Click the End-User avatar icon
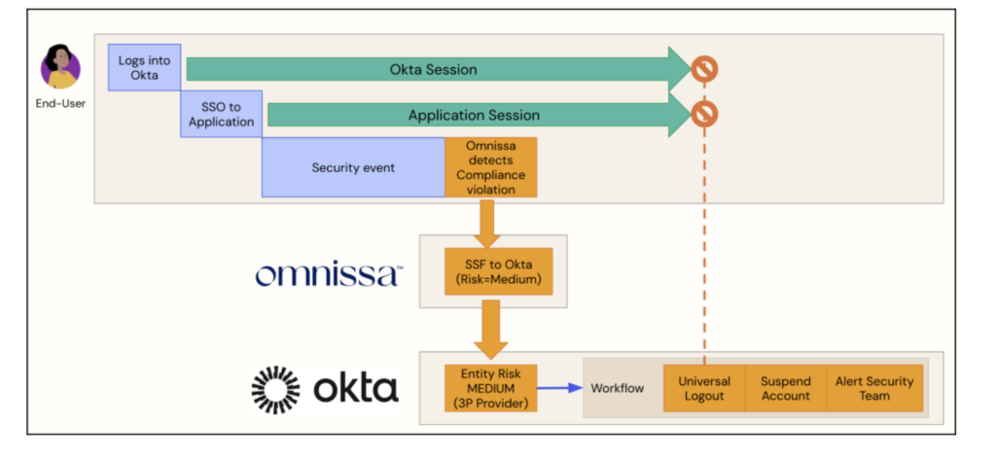(x=60, y=67)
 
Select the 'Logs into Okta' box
(x=144, y=68)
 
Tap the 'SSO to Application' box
(x=221, y=115)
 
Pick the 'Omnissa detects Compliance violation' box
(x=490, y=167)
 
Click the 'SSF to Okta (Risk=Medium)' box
(x=491, y=271)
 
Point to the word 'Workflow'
(x=618, y=389)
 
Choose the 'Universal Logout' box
(x=703, y=389)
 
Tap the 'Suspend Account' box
(x=785, y=389)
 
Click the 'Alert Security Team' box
(x=874, y=389)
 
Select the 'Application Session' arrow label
(x=474, y=115)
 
